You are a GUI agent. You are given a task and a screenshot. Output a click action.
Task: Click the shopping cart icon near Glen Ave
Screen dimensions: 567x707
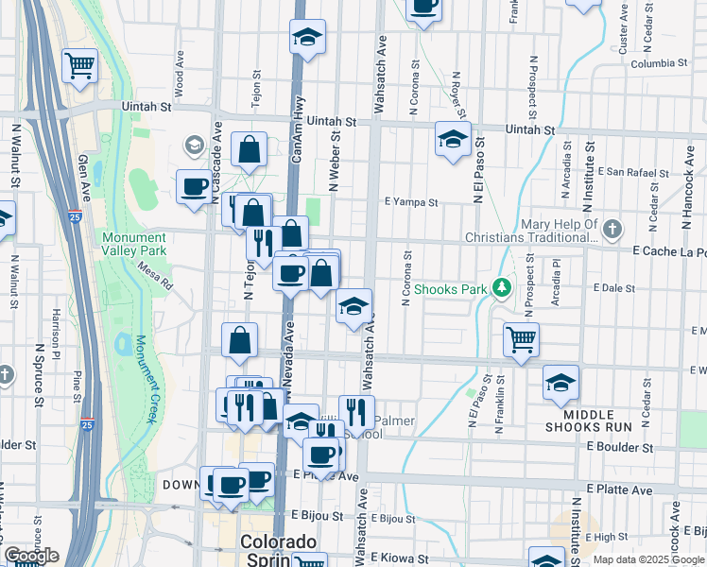click(x=80, y=65)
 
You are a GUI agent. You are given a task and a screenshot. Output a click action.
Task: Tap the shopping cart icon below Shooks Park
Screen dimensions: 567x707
click(x=521, y=339)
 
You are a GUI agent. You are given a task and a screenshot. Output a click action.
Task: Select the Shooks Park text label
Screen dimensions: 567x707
click(x=451, y=288)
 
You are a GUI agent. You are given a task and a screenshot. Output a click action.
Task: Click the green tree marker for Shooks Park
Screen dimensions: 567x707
click(x=502, y=288)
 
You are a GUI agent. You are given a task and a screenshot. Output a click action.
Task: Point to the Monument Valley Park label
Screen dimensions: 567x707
click(x=134, y=244)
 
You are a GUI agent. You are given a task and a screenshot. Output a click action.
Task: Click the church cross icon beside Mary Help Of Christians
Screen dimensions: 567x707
click(x=613, y=229)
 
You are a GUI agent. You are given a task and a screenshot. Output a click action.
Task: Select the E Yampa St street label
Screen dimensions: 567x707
click(x=411, y=202)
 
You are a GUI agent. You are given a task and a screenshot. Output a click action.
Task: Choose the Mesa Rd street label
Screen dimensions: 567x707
click(x=157, y=276)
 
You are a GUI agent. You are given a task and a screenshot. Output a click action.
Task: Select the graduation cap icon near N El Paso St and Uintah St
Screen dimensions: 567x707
click(x=453, y=139)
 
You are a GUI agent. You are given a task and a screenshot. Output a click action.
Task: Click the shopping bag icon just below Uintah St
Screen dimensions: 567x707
click(x=249, y=149)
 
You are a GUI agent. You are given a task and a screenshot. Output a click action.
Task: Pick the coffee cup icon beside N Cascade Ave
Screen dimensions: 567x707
click(x=195, y=185)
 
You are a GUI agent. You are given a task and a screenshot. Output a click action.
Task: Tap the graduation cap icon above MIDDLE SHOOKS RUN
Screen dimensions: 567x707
click(x=560, y=383)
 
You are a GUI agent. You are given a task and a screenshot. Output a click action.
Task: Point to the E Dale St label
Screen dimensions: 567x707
click(x=611, y=287)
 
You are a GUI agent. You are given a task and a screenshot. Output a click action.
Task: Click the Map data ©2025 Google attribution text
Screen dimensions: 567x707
click(x=649, y=559)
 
